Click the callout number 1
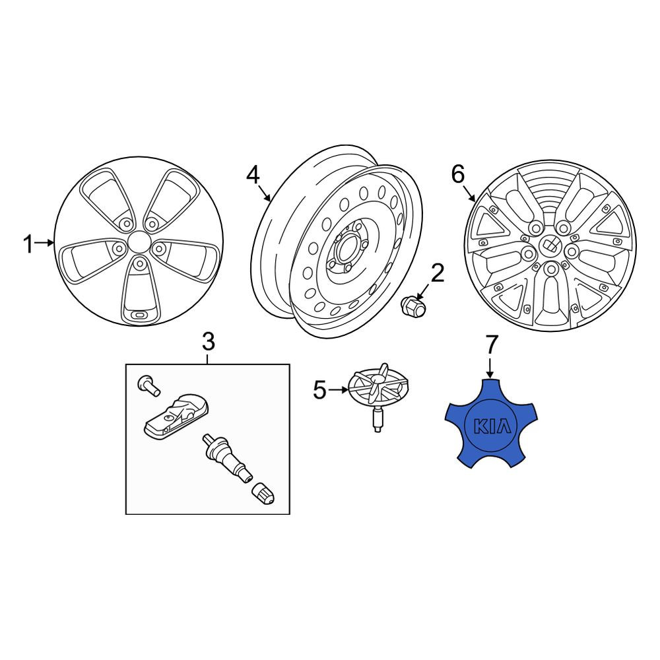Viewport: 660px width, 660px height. click(x=28, y=244)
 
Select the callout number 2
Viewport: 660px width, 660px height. click(x=438, y=273)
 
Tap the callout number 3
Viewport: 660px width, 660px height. click(x=209, y=341)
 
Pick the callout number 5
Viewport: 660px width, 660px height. click(x=320, y=391)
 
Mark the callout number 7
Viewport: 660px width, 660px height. click(x=492, y=345)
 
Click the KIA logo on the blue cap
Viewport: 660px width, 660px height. click(x=492, y=426)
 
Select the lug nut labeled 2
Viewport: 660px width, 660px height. click(x=413, y=307)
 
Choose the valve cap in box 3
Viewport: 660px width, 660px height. click(x=263, y=493)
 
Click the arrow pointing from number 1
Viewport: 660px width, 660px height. click(x=45, y=243)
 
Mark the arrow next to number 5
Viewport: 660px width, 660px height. click(x=339, y=390)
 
